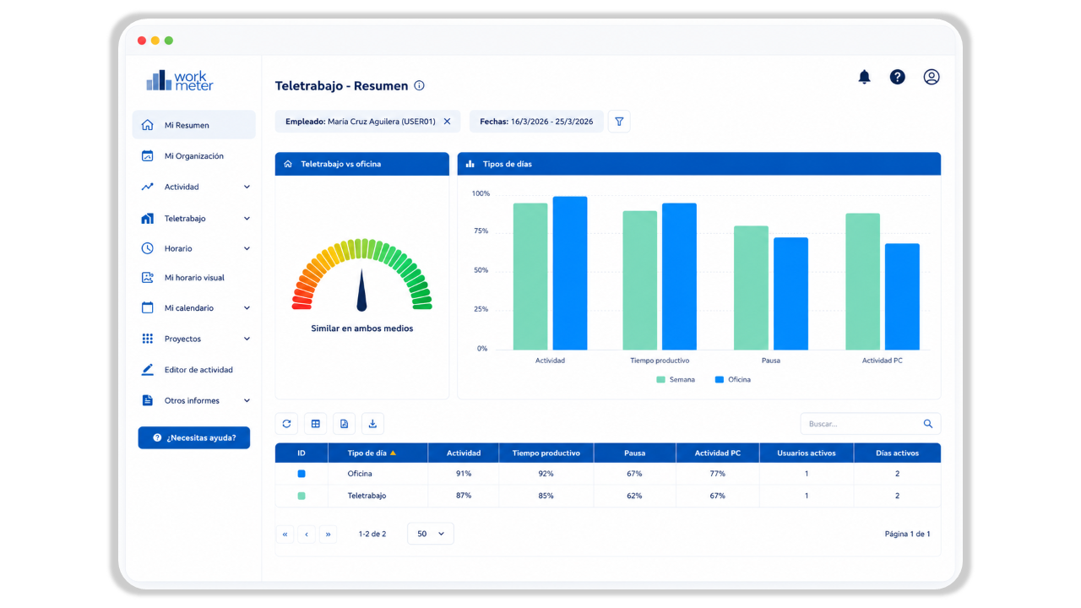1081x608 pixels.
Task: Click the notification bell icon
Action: coord(864,77)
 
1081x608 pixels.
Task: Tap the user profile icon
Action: coord(931,77)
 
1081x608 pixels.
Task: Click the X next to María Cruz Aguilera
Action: coord(447,122)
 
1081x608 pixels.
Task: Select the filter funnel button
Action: coord(619,122)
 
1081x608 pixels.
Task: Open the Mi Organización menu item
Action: coord(193,156)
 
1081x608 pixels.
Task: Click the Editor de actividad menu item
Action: coord(198,370)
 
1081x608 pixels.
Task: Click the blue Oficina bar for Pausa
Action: coord(790,293)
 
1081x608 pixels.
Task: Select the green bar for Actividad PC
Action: coord(862,281)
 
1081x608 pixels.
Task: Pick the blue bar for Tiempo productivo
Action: coord(679,276)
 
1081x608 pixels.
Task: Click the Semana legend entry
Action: coord(676,380)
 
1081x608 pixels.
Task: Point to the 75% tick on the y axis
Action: coord(481,231)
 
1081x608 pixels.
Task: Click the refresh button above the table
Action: coord(286,424)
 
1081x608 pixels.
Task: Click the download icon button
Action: coord(372,424)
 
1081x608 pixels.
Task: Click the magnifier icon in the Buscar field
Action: coord(927,424)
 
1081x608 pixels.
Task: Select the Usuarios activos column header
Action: coord(806,453)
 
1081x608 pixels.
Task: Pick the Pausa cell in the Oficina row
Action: coord(634,474)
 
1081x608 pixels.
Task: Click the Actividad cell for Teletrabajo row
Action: coord(464,496)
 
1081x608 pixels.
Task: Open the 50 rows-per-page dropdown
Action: coord(430,534)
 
